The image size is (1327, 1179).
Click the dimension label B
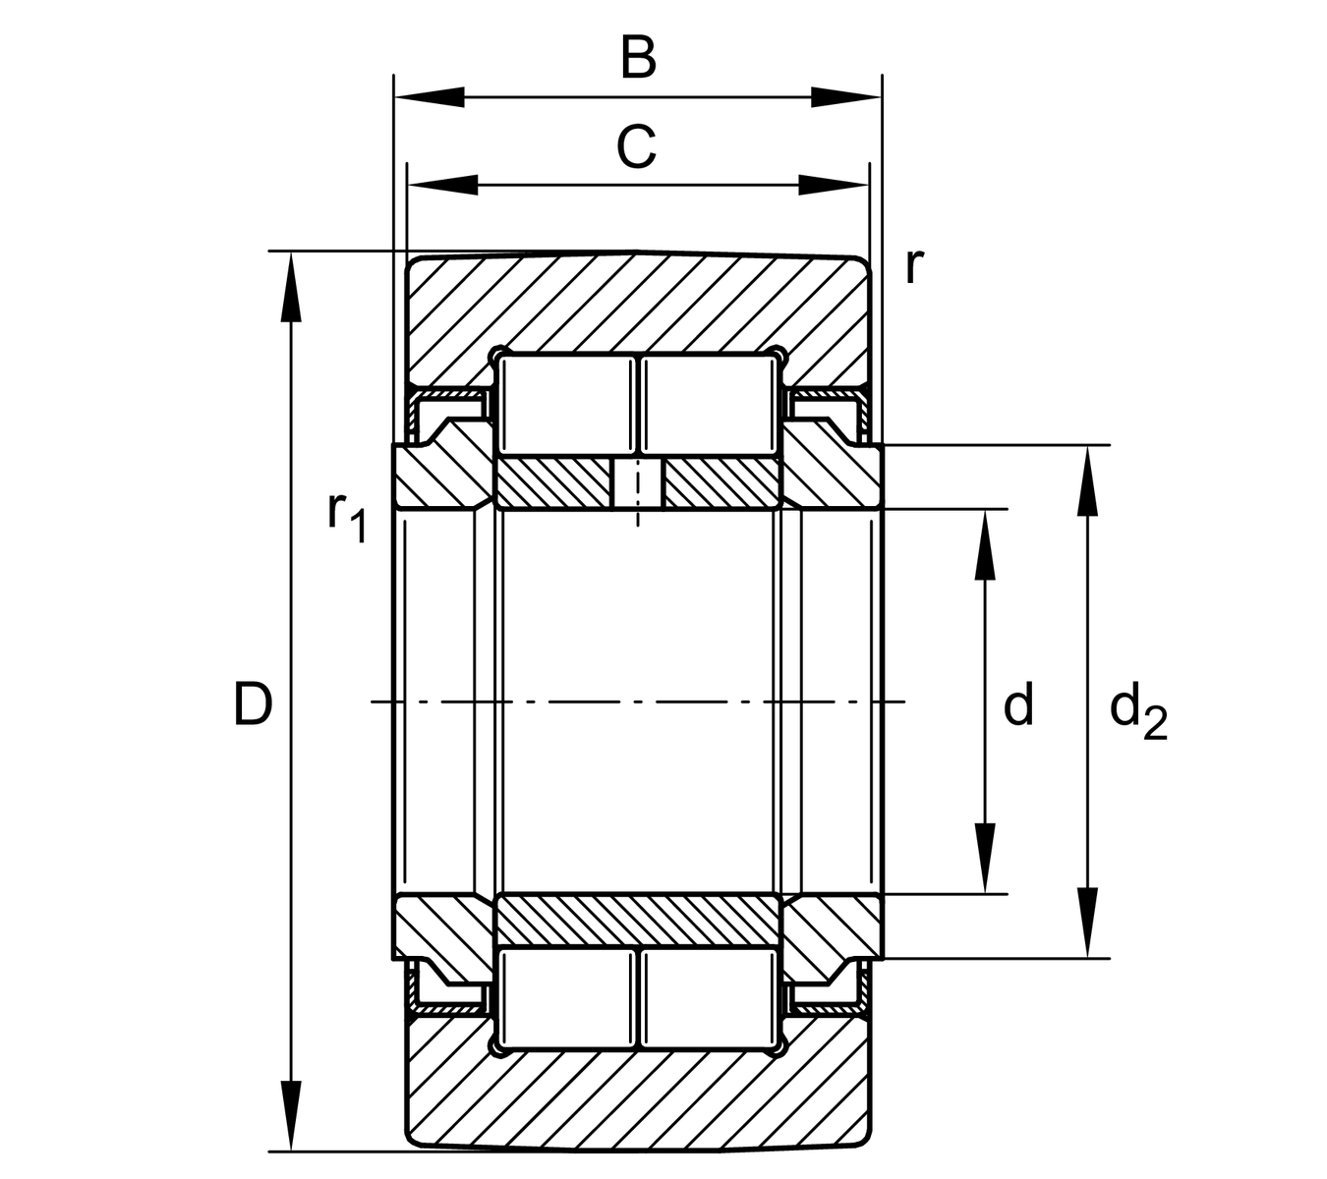pos(638,58)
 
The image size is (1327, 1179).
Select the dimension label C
pos(636,148)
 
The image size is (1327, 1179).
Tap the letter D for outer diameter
pos(253,704)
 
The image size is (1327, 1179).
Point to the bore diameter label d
pos(1018,705)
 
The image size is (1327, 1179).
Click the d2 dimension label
pos(1137,711)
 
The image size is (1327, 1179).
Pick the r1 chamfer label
pos(346,516)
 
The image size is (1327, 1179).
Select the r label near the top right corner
pos(913,264)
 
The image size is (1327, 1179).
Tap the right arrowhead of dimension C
pos(836,185)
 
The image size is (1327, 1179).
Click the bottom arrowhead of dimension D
pos(291,1115)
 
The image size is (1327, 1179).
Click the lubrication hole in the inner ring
pos(638,483)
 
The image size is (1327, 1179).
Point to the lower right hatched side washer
pos(834,926)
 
